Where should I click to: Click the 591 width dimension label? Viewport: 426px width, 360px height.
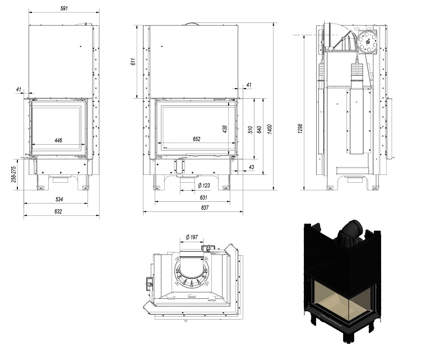pyautogui.click(x=64, y=8)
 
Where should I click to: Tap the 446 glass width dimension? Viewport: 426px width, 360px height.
pyautogui.click(x=58, y=140)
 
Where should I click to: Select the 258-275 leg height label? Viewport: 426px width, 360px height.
pyautogui.click(x=14, y=174)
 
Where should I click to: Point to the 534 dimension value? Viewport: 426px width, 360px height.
pyautogui.click(x=59, y=199)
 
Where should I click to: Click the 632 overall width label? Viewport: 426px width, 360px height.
pyautogui.click(x=58, y=211)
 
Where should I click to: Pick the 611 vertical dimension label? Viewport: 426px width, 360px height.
pyautogui.click(x=133, y=62)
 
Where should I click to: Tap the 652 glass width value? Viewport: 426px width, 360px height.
pyautogui.click(x=196, y=139)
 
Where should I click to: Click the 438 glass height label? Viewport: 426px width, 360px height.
pyautogui.click(x=224, y=129)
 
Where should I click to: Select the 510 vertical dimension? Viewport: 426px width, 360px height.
pyautogui.click(x=250, y=130)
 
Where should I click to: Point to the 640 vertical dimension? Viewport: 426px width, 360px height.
pyautogui.click(x=259, y=130)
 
